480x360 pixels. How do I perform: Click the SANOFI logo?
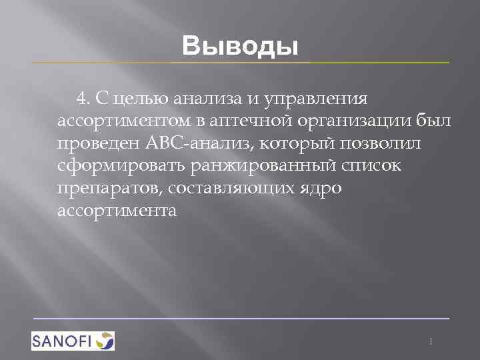coord(73,341)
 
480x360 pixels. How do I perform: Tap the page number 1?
coord(431,341)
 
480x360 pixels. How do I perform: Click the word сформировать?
coord(119,167)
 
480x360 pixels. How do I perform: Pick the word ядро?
coord(323,189)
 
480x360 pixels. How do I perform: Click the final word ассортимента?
coord(117,211)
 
